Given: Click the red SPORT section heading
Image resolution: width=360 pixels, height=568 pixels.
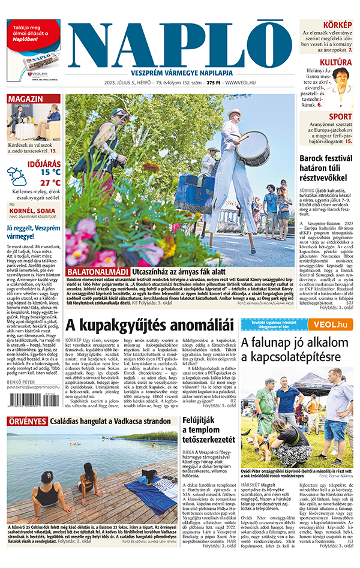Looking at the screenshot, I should click(341, 116).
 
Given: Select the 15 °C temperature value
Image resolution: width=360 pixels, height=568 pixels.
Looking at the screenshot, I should click(50, 172).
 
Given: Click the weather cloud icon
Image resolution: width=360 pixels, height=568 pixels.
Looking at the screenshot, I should click(17, 176).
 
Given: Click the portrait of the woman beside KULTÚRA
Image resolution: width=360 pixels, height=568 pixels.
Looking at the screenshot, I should click(342, 82).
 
